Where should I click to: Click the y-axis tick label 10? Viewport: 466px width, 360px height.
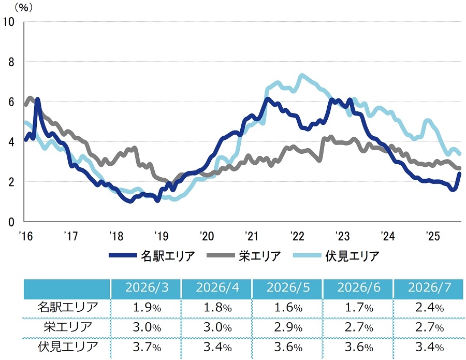8,22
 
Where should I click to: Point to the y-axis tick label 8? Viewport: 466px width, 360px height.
11,62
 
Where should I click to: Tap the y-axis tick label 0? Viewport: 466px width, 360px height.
11,222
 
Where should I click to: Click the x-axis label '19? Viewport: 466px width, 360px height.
161,236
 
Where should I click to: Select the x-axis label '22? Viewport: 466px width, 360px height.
297,236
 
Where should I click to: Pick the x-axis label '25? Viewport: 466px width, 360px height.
432,236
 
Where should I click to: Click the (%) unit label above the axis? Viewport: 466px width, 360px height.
23,7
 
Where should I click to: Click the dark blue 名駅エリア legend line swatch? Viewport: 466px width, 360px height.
123,255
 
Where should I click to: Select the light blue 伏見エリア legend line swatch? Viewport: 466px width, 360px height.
307,255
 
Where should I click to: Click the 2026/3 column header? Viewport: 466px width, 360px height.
147,287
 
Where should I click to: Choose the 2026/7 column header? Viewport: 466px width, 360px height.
429,287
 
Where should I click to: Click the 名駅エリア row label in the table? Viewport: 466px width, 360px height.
68,307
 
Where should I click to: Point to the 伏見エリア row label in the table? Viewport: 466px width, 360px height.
68,347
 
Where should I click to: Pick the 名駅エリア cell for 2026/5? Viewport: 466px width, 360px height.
288,307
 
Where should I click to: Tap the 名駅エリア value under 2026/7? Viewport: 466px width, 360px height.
429,307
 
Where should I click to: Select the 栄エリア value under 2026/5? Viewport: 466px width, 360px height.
288,327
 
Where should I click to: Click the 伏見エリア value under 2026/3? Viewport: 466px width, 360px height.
147,347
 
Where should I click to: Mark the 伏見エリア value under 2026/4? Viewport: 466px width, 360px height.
217,347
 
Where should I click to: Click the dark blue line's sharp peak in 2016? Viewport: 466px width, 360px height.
37,99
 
